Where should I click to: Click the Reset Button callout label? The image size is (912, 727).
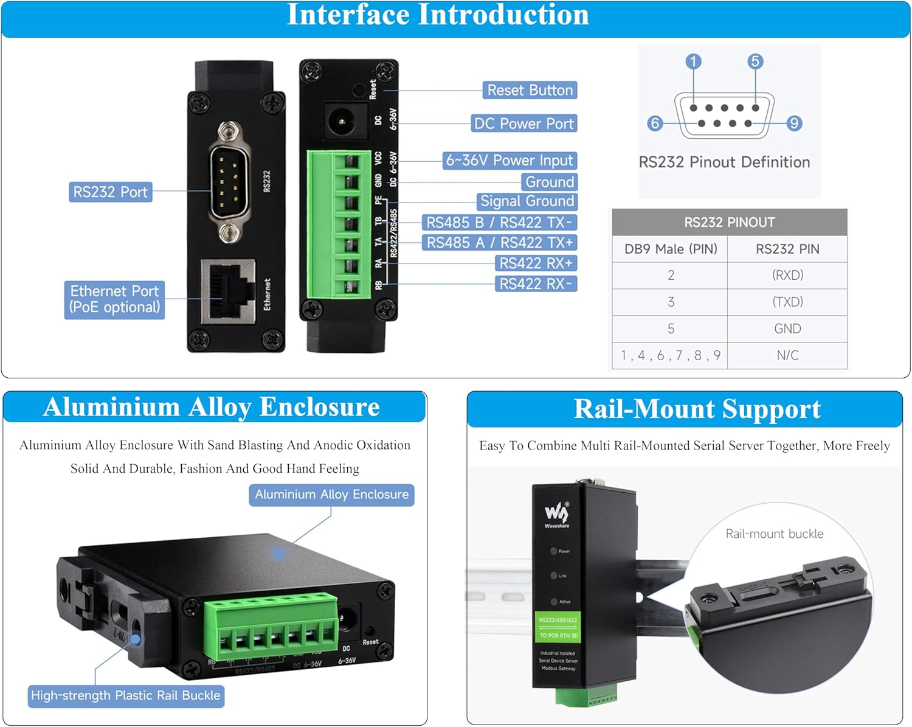coord(530,90)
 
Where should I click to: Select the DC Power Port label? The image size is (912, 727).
coord(523,123)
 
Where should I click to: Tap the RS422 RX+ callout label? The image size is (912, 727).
coord(536,263)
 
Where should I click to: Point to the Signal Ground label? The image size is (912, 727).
coord(527,201)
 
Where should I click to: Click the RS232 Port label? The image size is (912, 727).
coord(110,192)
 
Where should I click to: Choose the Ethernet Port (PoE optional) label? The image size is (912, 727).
coord(114,299)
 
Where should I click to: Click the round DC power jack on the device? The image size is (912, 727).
coord(340,121)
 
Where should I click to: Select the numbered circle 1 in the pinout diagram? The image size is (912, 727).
coord(693,61)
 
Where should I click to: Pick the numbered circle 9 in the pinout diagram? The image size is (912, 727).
coord(793,123)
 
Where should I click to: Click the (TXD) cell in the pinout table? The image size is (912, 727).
coord(787,302)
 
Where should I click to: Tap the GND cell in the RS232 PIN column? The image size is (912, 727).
coord(787,329)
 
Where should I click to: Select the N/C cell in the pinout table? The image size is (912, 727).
coord(787,355)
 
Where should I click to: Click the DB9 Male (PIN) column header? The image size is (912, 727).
coord(671,249)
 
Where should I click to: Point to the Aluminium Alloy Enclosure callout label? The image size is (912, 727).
coord(331,495)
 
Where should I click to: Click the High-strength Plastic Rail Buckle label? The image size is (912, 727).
coord(126,695)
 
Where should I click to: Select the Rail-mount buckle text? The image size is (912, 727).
coord(774,534)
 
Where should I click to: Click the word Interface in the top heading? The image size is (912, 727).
coord(348,15)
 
